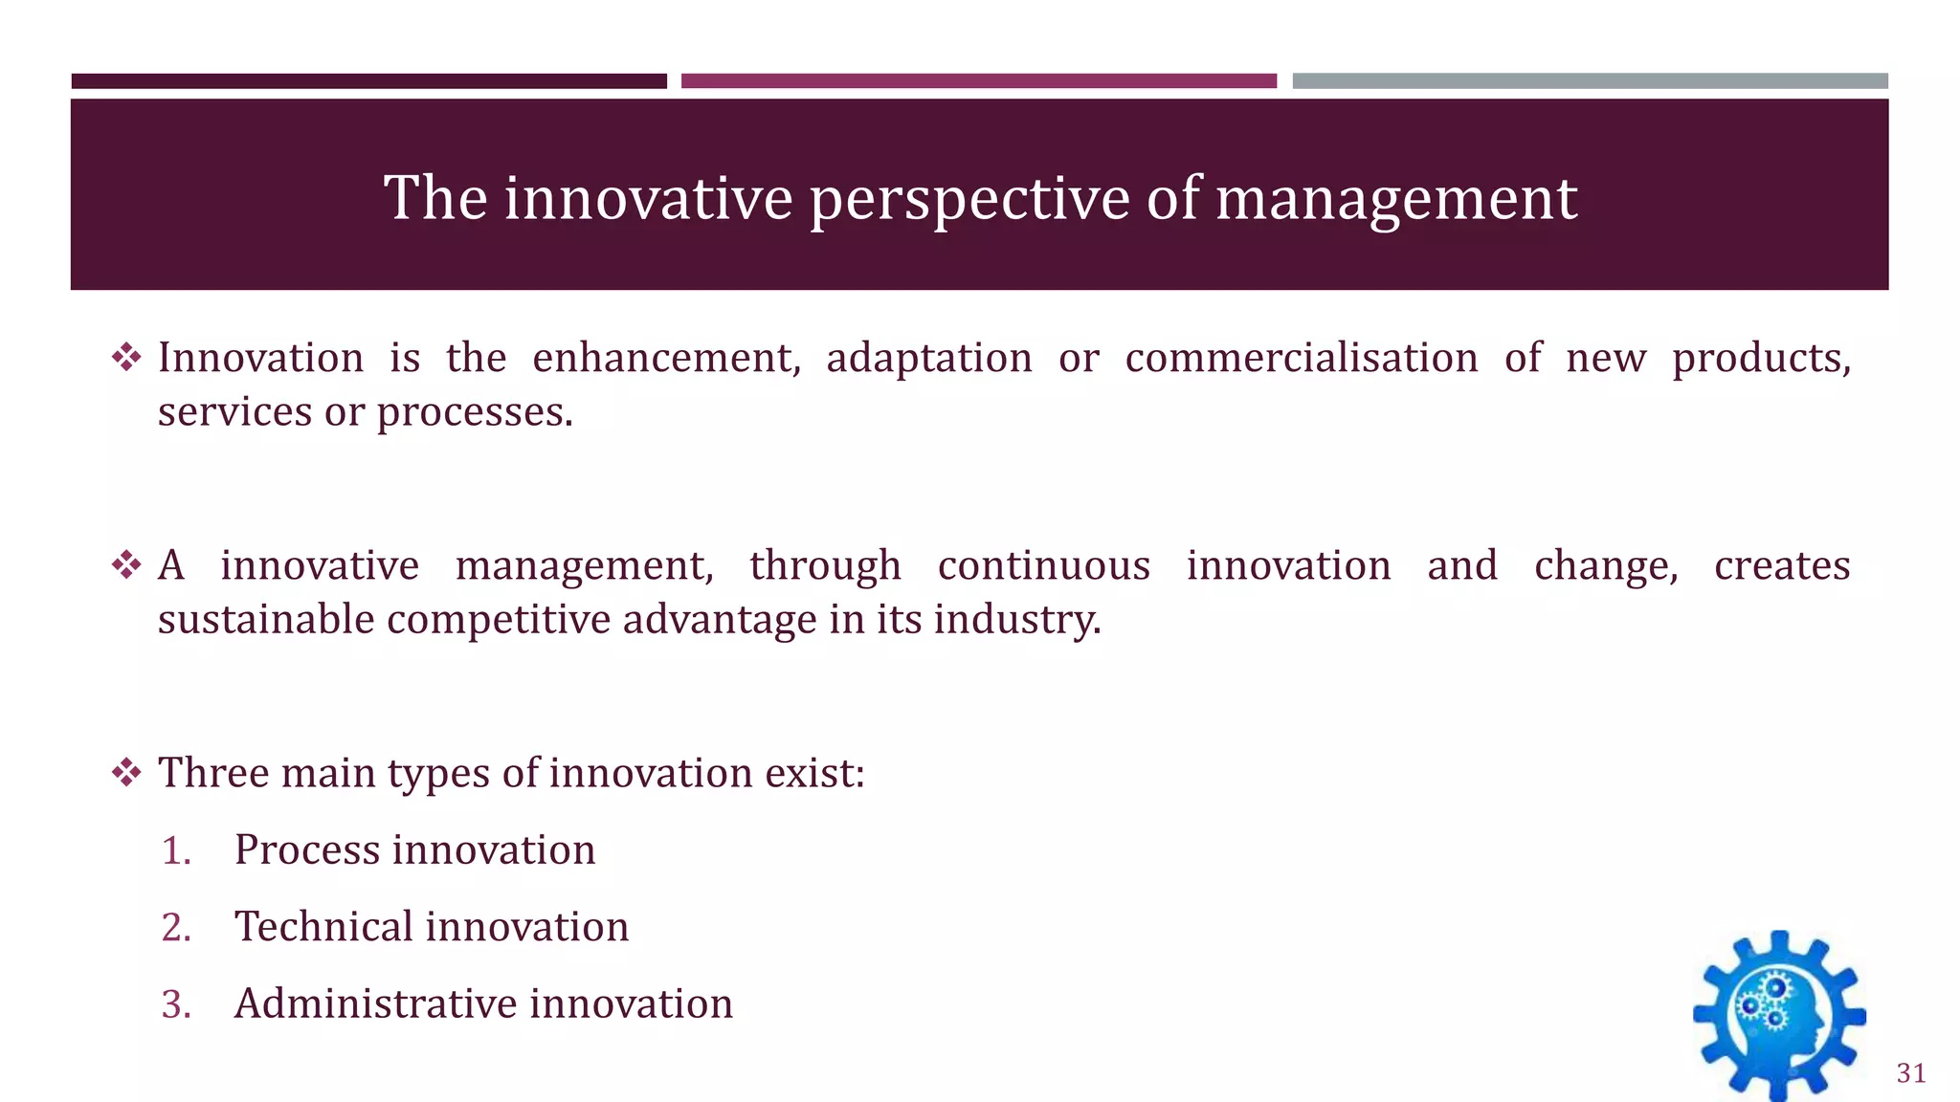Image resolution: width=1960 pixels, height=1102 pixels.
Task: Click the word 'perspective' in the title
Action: [969, 199]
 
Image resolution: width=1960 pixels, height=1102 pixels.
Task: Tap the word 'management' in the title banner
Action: [1395, 199]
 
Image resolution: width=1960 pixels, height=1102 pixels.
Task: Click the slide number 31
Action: [1910, 1073]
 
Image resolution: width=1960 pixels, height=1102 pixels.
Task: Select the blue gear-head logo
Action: [1778, 1016]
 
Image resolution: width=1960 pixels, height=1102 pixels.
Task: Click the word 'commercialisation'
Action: [1301, 358]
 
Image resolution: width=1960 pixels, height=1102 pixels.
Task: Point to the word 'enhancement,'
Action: [666, 358]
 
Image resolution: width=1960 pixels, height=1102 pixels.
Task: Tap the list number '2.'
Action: [176, 927]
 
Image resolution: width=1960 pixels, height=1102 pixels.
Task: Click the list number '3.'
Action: [176, 1004]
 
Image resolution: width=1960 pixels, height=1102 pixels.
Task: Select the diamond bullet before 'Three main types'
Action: [126, 772]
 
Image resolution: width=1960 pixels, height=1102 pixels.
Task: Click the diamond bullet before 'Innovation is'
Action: [126, 358]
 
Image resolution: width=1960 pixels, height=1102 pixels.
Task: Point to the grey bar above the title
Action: [1590, 81]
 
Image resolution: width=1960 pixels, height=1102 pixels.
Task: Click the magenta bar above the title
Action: [978, 81]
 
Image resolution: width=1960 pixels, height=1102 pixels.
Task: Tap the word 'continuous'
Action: [1043, 565]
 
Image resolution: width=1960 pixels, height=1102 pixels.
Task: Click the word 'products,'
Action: [1761, 358]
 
